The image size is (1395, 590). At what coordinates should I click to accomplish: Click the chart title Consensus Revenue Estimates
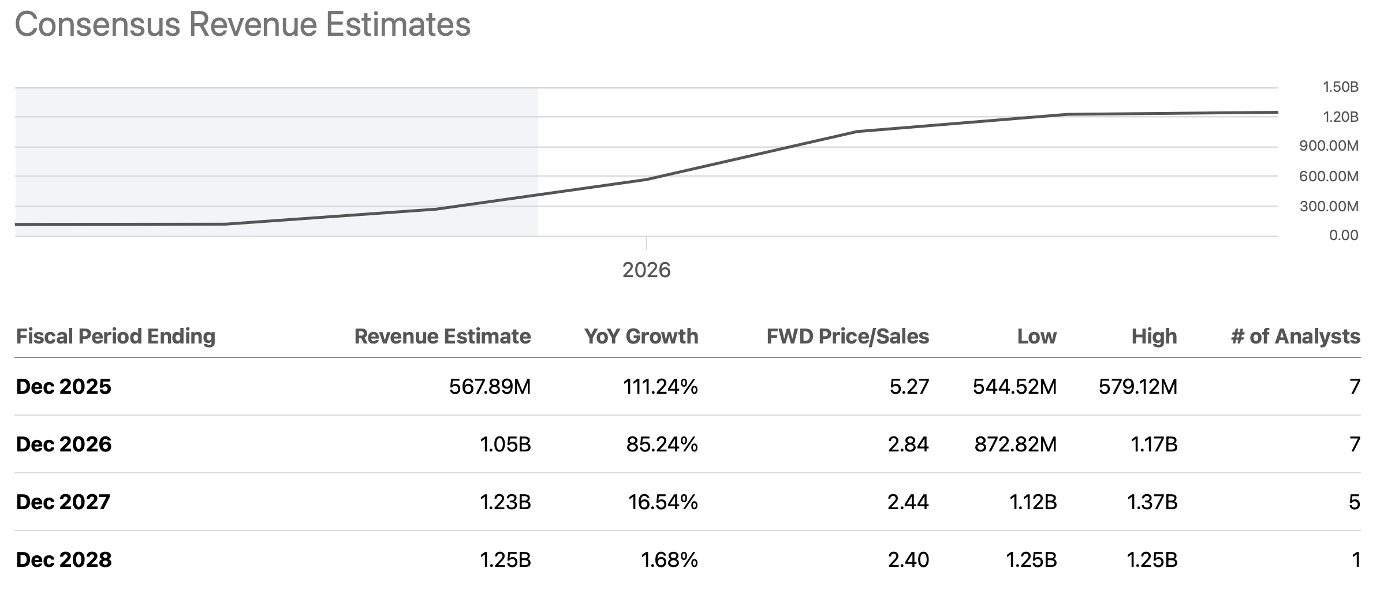243,24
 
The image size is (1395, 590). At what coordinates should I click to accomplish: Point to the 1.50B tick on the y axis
1340,87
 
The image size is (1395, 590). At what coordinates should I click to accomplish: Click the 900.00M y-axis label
1329,146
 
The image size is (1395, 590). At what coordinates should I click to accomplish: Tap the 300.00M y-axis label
1329,206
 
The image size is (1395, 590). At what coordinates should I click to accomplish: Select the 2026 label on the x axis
646,270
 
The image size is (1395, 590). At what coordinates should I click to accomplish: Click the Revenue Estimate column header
442,337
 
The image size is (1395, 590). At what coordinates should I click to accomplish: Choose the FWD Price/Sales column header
847,337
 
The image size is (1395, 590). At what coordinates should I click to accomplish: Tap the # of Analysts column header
1295,337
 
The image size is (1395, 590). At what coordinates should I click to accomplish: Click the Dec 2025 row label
64,386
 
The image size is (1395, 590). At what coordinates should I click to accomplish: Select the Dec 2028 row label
64,559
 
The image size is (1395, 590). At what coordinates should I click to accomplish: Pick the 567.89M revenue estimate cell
490,386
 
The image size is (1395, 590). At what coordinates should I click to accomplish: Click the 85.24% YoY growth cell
662,444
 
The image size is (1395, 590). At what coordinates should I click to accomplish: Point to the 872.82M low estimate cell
1015,444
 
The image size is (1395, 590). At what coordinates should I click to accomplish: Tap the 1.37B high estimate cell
1152,502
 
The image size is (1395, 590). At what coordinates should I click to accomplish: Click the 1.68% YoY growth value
669,559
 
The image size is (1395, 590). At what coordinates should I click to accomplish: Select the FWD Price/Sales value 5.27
909,386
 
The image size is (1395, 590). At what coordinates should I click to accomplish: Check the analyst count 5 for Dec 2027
1354,502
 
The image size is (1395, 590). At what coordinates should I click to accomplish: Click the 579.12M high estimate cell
1137,386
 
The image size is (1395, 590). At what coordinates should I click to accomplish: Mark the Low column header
1036,337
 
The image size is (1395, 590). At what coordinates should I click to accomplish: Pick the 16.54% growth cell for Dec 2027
663,502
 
